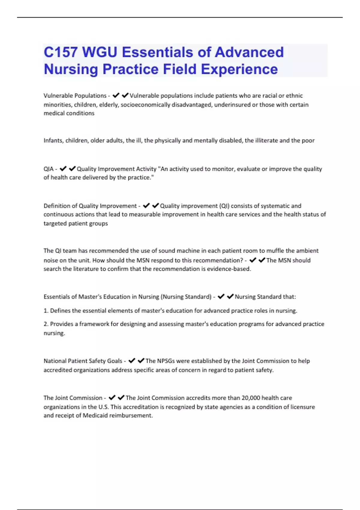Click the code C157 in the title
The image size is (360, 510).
coord(61,52)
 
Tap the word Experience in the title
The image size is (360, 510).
coord(239,69)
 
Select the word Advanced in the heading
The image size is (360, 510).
coord(249,52)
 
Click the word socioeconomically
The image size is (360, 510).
coord(145,105)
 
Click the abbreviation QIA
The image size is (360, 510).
coord(49,169)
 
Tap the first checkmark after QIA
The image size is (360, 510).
coord(63,169)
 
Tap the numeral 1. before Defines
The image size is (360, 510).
coord(46,311)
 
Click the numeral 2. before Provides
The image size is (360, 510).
coord(46,324)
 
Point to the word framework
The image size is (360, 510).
coord(94,324)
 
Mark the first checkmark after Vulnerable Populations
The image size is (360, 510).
coord(116,95)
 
